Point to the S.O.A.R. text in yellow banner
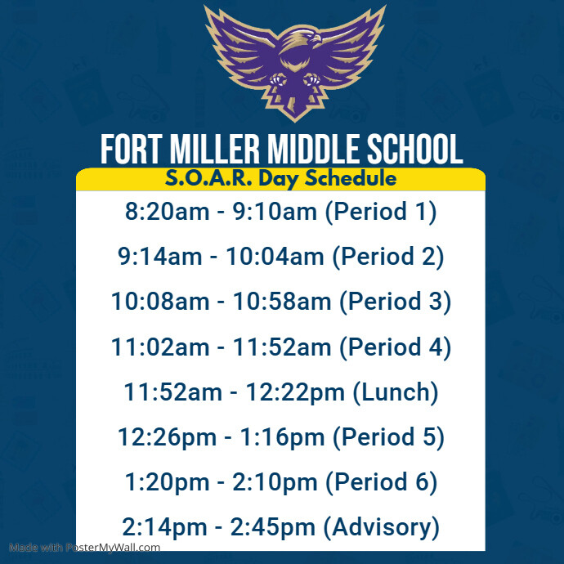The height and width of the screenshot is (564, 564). pos(198,179)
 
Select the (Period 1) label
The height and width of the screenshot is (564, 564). pos(381,212)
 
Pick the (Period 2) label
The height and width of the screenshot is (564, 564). pos(388,257)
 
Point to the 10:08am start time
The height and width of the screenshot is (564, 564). pos(161,302)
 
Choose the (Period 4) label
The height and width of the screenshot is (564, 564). pos(396,347)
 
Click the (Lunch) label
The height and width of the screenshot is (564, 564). pos(396,392)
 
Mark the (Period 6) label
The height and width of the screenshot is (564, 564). pos(381,482)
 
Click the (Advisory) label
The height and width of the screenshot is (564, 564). pos(382,527)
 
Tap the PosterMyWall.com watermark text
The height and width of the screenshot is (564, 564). pos(85,548)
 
